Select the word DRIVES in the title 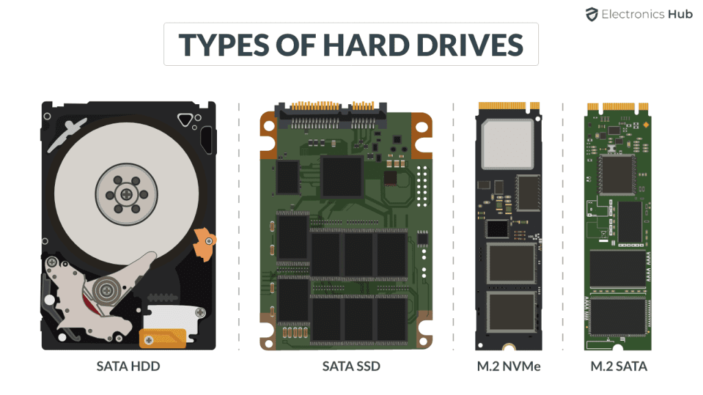[470, 45]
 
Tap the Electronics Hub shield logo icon [592, 14]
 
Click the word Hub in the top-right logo [680, 14]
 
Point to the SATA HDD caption [128, 366]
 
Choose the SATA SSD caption [351, 366]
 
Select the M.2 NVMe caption [509, 366]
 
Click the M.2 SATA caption [619, 366]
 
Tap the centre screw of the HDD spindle [126, 194]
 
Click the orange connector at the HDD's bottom [162, 339]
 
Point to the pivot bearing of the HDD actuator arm [106, 291]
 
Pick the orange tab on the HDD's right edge [205, 243]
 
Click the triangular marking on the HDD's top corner [185, 120]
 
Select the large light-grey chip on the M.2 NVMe [507, 144]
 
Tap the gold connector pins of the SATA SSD [332, 106]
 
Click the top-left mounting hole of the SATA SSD [269, 127]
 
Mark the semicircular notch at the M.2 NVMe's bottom [509, 347]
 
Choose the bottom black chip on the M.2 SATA [617, 317]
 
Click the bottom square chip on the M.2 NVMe [511, 312]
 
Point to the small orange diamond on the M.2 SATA [645, 125]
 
